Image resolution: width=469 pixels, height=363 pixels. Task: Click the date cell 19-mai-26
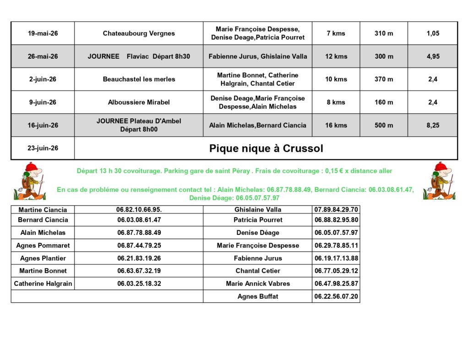coord(43,34)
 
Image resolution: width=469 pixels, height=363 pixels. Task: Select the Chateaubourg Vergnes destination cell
coord(139,34)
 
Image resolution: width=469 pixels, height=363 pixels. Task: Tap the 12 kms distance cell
coord(336,56)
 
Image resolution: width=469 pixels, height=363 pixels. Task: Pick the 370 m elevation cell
coord(384,79)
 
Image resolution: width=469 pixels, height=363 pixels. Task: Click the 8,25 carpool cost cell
coord(433,125)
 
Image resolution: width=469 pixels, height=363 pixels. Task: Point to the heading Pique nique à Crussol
coord(266,148)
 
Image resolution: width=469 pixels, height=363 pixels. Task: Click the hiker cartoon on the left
coord(29,181)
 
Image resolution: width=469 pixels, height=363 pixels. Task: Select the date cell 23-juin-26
coord(43,148)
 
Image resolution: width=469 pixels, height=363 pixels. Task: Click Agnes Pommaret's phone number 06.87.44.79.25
coord(139,246)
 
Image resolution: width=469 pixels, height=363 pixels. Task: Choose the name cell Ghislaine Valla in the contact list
coord(258,210)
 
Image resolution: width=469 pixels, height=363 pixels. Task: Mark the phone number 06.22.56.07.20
coord(336,296)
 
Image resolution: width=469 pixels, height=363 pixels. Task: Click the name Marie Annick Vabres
coord(258,284)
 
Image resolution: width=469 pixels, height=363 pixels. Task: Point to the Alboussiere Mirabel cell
coord(139,102)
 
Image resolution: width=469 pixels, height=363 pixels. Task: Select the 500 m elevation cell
coord(384,125)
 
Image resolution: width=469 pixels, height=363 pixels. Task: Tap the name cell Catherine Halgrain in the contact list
coord(43,284)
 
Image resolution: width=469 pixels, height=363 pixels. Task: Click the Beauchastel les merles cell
coord(139,79)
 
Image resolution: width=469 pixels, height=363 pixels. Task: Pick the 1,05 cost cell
coord(433,34)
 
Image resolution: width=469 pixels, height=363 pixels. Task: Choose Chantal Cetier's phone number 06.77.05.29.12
coord(336,271)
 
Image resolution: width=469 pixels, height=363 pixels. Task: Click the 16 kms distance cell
coord(336,125)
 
